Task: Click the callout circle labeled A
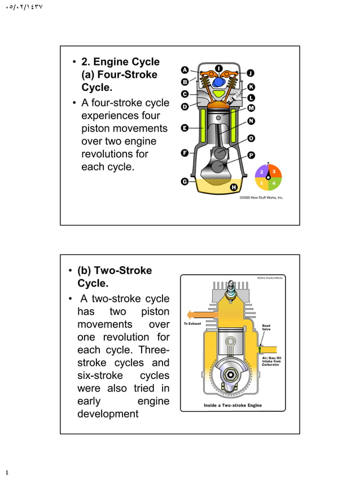(185, 70)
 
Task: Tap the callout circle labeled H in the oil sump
(233, 187)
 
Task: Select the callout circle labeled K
(251, 86)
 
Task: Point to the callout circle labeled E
(185, 129)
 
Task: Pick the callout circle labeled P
(251, 155)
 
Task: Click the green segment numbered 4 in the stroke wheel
(274, 183)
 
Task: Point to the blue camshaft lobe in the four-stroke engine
(218, 81)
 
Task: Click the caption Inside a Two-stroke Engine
(232, 405)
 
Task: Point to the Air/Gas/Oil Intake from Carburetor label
(271, 361)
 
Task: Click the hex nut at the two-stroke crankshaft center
(231, 373)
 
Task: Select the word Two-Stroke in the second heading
(122, 271)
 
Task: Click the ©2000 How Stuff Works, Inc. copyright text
(261, 198)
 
